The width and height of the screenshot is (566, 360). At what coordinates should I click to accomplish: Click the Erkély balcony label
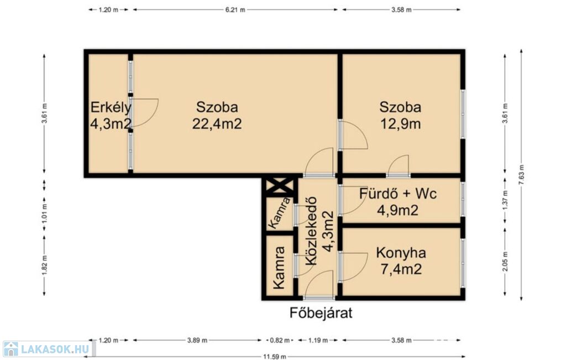tap(111, 107)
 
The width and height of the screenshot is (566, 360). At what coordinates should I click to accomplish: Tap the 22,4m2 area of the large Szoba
tap(217, 124)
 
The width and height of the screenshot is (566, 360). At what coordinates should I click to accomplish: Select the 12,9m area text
tap(401, 124)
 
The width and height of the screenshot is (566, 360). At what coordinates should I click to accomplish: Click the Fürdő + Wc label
tap(398, 194)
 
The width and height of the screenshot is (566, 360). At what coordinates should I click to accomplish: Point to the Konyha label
tap(401, 253)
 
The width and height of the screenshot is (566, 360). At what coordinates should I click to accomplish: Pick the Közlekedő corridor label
tap(311, 231)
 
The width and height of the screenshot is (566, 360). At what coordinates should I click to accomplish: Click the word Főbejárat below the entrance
tap(321, 312)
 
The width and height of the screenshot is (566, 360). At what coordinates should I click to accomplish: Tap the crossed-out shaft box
tap(279, 187)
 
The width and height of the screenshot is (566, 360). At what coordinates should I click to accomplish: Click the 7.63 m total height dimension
tap(521, 175)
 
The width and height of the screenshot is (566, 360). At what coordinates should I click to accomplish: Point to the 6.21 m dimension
tap(235, 10)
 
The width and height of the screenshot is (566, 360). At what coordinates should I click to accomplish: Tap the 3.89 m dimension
tap(197, 340)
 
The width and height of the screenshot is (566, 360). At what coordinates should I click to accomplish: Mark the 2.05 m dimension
tap(505, 262)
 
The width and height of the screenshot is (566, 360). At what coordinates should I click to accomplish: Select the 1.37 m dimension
tap(505, 202)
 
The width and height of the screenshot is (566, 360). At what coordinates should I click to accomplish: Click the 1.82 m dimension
tap(44, 265)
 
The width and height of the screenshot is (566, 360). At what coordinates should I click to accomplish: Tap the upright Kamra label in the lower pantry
tap(279, 268)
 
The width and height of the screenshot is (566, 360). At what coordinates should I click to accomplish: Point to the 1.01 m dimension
tap(44, 213)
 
